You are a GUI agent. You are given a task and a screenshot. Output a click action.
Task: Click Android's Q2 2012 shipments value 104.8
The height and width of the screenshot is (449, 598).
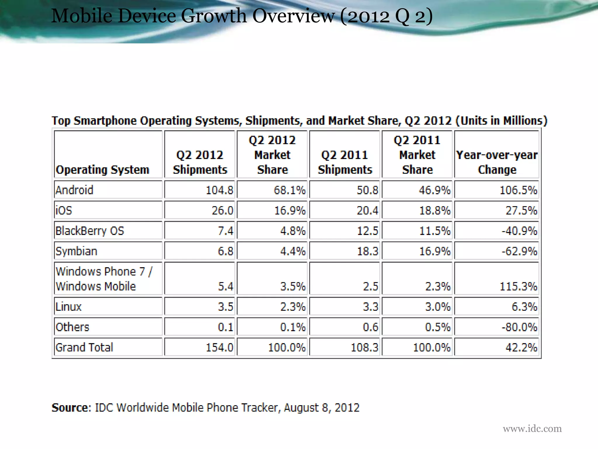[219, 190]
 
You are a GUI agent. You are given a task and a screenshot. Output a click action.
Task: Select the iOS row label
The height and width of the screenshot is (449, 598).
[64, 210]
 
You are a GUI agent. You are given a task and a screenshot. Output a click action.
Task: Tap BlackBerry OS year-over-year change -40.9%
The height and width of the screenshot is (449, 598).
[519, 231]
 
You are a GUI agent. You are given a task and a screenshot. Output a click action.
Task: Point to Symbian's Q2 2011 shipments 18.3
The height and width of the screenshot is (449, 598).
[367, 251]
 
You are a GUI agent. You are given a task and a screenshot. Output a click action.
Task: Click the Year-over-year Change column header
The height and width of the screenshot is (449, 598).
[497, 162]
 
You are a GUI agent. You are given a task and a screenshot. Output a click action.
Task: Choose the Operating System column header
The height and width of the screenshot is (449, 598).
[102, 170]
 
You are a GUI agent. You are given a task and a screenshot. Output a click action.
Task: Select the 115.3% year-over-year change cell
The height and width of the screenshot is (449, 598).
[518, 286]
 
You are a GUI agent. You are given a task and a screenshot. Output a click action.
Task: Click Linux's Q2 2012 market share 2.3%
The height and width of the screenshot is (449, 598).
[293, 307]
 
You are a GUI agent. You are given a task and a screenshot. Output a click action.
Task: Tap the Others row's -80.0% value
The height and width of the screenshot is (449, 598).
[519, 327]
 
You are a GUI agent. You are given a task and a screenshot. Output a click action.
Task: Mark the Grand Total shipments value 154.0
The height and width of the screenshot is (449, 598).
[219, 348]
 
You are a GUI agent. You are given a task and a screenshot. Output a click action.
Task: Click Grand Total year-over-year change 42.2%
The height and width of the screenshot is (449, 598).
[521, 348]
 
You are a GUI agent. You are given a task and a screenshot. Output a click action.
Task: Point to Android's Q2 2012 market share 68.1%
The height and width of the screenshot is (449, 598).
[289, 190]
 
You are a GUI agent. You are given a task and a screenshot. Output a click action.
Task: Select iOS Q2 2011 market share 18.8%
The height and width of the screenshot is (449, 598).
[434, 210]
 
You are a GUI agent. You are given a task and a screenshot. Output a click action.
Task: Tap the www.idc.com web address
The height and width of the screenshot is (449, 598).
[532, 429]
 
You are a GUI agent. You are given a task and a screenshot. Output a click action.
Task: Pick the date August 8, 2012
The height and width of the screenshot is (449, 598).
[321, 407]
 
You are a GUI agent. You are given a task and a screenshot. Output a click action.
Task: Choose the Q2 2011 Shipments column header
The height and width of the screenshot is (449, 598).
[345, 162]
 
